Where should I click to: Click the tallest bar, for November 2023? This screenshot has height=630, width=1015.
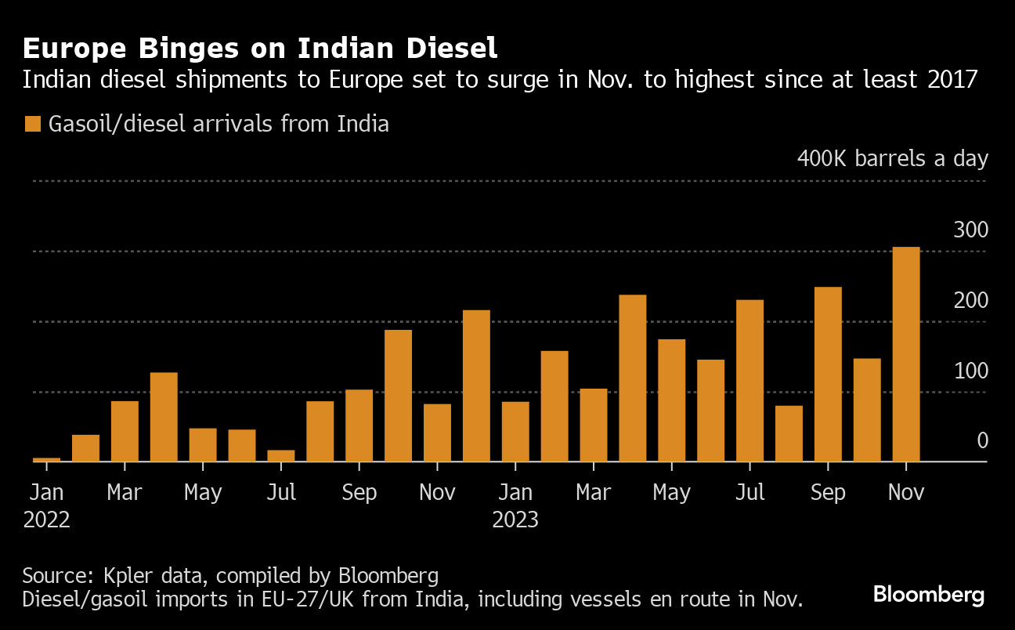[906, 354]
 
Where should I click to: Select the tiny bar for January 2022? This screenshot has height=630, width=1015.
[46, 459]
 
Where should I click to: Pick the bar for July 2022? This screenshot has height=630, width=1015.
[281, 455]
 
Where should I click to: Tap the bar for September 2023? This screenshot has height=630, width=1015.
[828, 375]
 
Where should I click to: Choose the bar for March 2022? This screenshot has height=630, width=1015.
[125, 431]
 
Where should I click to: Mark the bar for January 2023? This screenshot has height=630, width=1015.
[515, 432]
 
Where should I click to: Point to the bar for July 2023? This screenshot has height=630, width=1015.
[750, 381]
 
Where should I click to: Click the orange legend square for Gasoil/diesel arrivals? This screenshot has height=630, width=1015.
[32, 124]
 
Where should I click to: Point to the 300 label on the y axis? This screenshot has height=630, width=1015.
[970, 230]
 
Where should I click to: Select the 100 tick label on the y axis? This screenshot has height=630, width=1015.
[970, 371]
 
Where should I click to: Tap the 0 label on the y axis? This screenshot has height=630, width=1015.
[982, 441]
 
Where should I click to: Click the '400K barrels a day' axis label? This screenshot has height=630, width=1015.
[893, 158]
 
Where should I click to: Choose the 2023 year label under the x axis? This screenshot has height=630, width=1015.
[515, 520]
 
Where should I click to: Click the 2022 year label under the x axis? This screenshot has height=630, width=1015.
[46, 520]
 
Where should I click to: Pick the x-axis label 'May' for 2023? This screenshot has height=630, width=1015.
[671, 493]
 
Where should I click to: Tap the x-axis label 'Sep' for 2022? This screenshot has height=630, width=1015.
[359, 493]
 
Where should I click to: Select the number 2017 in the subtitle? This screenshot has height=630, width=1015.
[949, 80]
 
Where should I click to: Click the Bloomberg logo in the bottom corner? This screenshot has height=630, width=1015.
[929, 595]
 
